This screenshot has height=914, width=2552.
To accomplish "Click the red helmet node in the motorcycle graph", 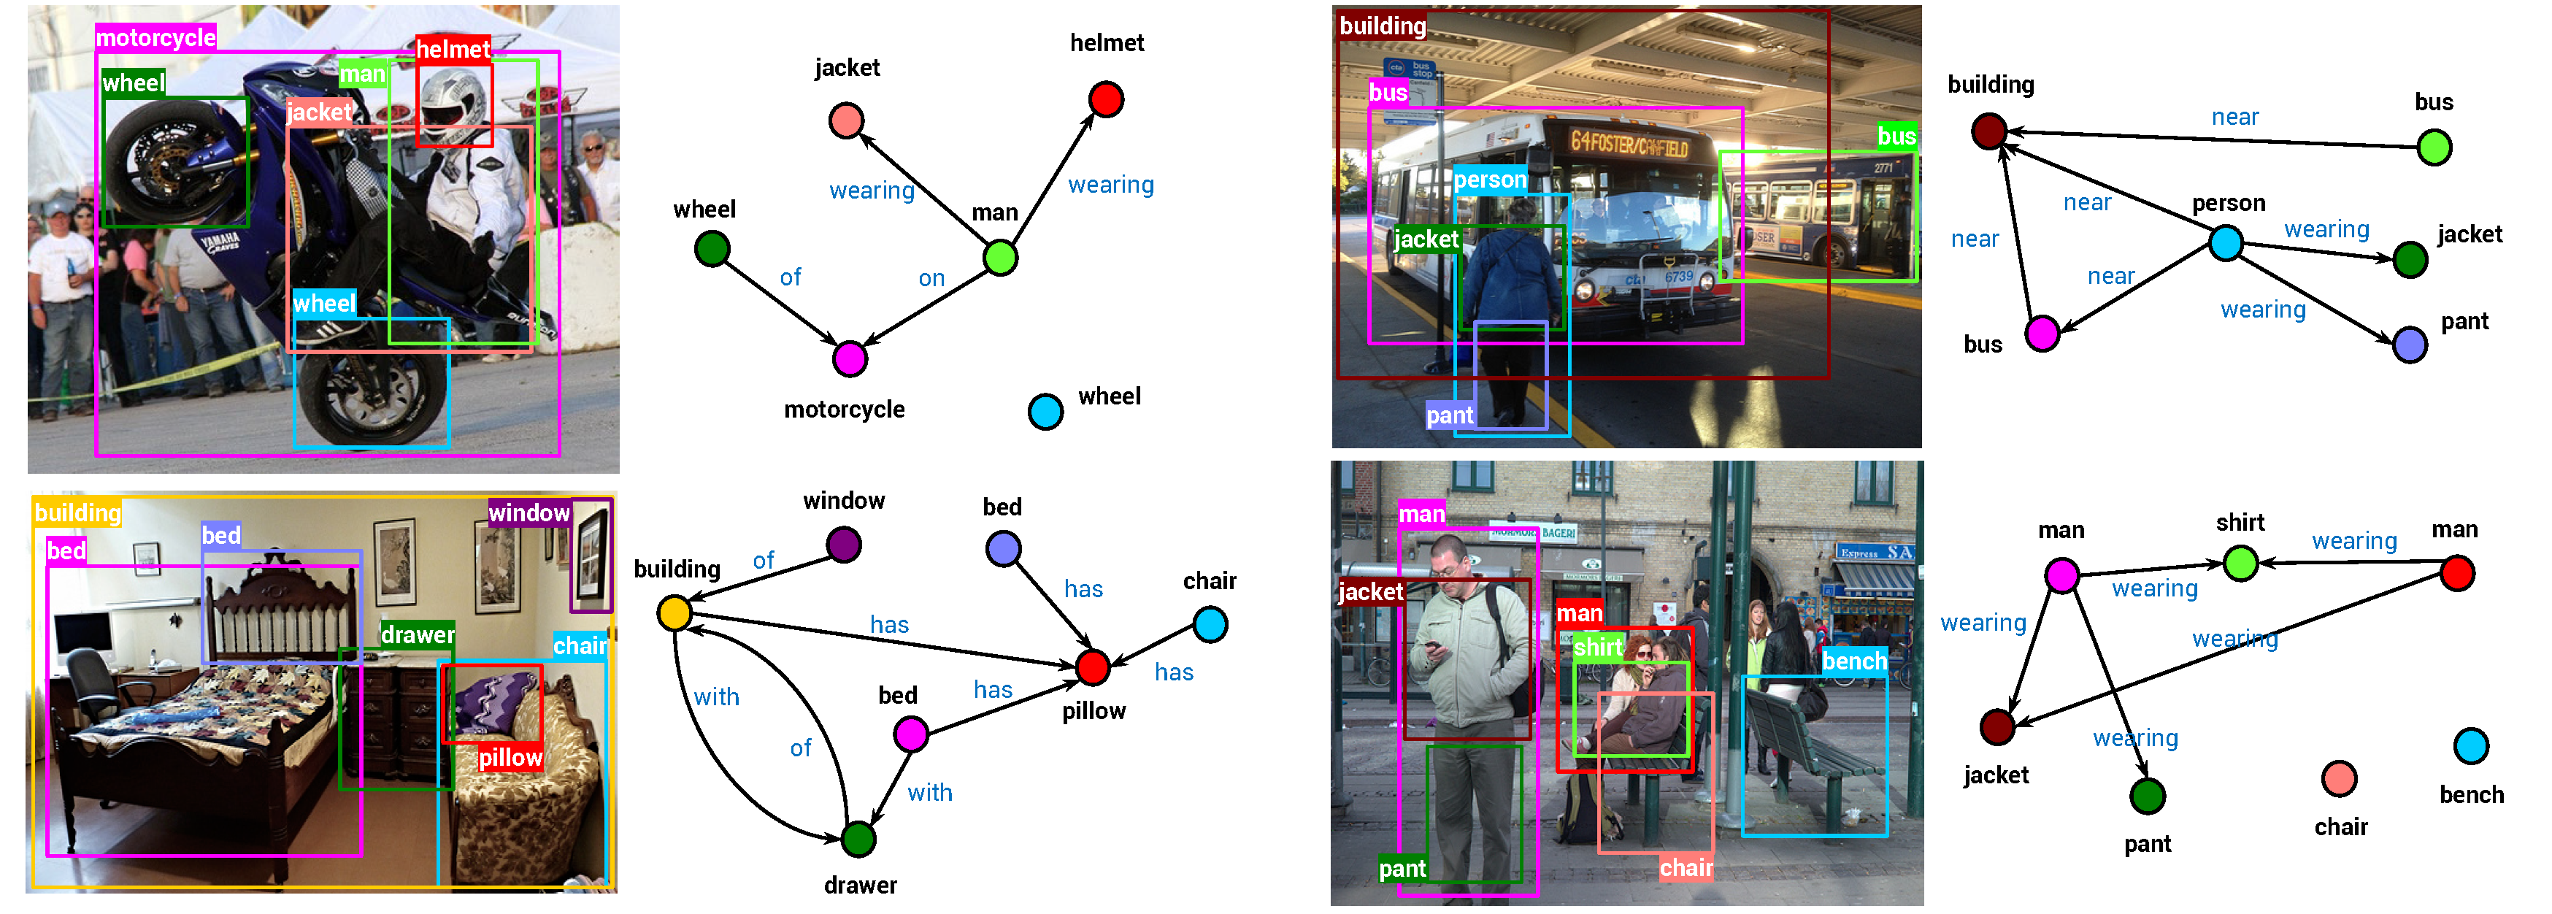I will pos(1106,99).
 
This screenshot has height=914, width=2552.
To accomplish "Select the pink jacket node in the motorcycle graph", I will pos(846,120).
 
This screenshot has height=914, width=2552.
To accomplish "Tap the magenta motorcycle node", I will pos(849,358).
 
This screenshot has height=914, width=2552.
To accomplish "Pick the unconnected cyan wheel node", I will pos(1045,411).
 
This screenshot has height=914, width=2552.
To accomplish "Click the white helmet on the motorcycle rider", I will pos(452,101).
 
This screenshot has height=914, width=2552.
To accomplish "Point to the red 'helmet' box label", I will pos(453,50).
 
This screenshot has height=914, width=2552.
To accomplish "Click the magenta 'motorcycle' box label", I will pos(155,38).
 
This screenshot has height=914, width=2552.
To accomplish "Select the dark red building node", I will pos(1988,131).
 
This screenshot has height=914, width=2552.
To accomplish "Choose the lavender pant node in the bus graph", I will pos(2410,345).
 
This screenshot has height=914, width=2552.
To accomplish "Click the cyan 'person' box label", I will pos(1490,180).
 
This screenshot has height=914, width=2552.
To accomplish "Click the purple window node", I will pos(843,545).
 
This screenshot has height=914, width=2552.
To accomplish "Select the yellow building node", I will pos(674,613).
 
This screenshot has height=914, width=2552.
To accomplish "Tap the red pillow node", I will pos(1092,667).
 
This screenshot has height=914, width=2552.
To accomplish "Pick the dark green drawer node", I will pos(858,839).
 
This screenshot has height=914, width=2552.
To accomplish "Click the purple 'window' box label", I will pos(529,513).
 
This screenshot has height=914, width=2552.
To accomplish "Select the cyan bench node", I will pos(2471,745).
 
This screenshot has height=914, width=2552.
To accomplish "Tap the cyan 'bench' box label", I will pos(1855,661).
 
